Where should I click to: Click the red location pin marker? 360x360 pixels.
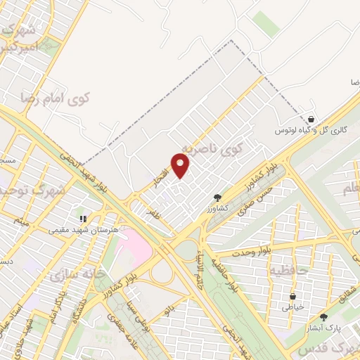click(181, 166)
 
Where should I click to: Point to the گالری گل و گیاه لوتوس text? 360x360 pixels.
click(311, 131)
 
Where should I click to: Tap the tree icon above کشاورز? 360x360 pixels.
click(217, 198)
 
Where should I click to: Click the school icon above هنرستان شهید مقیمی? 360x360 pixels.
click(82, 219)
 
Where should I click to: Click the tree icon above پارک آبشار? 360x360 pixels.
click(323, 317)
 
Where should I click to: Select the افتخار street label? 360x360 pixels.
click(161, 179)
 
